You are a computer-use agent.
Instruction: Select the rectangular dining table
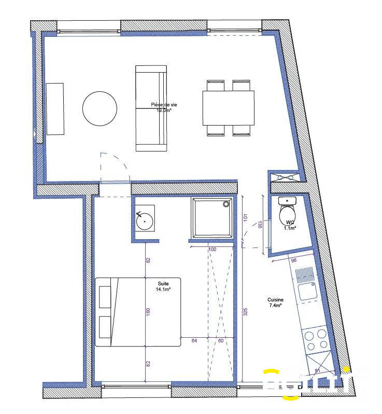point(229,108)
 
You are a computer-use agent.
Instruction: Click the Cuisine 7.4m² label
point(275,303)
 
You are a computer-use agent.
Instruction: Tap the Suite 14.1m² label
point(164,287)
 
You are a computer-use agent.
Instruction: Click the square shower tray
point(214,218)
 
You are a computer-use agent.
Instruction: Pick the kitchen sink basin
point(307,291)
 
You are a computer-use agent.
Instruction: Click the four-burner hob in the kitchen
point(316,340)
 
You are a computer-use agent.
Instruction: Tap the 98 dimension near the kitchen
point(293,260)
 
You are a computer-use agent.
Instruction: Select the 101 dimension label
point(245,218)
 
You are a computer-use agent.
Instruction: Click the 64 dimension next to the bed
point(194,341)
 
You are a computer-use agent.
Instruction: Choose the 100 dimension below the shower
point(212,250)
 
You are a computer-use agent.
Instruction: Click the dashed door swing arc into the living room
point(117,163)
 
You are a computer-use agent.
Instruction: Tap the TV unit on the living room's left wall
point(55,109)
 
